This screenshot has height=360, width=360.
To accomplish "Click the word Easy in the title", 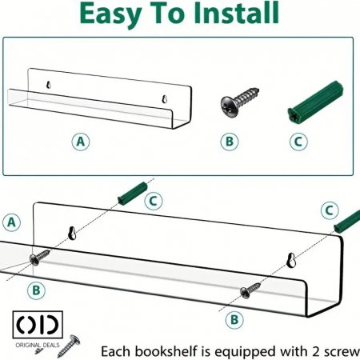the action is [110, 14].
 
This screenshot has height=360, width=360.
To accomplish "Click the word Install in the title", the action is [236, 13].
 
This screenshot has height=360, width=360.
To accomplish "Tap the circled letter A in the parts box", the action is [81, 142].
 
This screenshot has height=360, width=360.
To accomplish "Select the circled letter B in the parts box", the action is [230, 142].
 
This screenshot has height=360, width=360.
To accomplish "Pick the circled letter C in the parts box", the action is [298, 142].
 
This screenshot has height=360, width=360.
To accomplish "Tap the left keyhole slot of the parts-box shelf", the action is [49, 84].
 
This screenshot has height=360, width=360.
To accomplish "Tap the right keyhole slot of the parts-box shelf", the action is [165, 99].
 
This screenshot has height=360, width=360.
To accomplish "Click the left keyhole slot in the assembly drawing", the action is [72, 233].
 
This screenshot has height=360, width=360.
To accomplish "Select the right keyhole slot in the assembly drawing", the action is [291, 261].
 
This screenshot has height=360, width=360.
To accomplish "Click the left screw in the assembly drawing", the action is [39, 257].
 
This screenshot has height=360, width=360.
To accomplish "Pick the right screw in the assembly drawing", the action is [250, 290].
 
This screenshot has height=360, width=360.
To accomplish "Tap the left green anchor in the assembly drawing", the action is [133, 194].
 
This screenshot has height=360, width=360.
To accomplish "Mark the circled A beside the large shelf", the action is [11, 222].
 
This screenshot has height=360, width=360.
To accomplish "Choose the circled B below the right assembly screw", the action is [234, 319].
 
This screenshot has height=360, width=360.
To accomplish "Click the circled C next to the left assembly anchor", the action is [154, 201].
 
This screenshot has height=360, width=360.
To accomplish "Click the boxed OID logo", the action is [38, 325].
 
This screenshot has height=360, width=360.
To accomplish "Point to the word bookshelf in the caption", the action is [166, 351].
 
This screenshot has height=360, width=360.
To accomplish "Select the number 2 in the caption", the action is [316, 352].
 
